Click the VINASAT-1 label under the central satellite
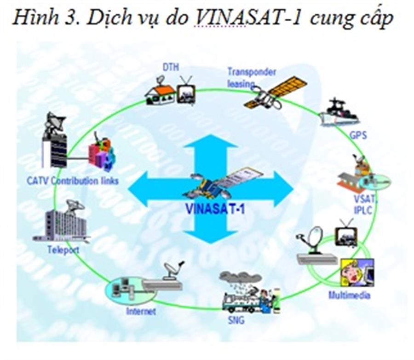[x=215, y=208]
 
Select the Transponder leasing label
[x=251, y=77]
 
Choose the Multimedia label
[x=349, y=295]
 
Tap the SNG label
[x=236, y=319]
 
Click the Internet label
[x=141, y=311]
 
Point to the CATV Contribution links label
[x=72, y=180]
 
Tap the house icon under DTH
[x=160, y=93]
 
